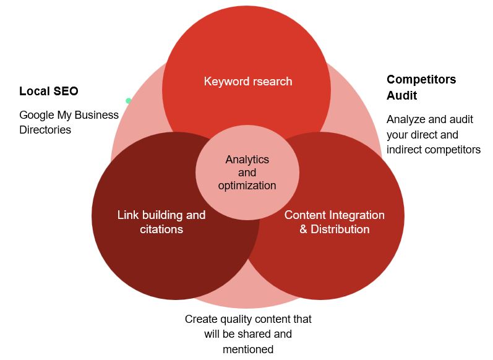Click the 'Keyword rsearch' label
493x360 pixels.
[247, 81]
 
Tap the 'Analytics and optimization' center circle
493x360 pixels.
[247, 172]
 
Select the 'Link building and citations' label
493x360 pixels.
[161, 222]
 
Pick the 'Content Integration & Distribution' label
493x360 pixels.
[334, 222]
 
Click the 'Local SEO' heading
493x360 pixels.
[49, 92]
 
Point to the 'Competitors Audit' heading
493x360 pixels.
[421, 87]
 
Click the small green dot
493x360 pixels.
[129, 101]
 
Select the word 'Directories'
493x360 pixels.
[45, 130]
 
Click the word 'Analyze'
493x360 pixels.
[406, 119]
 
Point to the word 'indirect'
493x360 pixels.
[405, 149]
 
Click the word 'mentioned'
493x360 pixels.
[247, 349]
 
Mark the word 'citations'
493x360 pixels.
[161, 229]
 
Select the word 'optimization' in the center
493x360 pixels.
[247, 186]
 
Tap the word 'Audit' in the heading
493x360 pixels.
[401, 95]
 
